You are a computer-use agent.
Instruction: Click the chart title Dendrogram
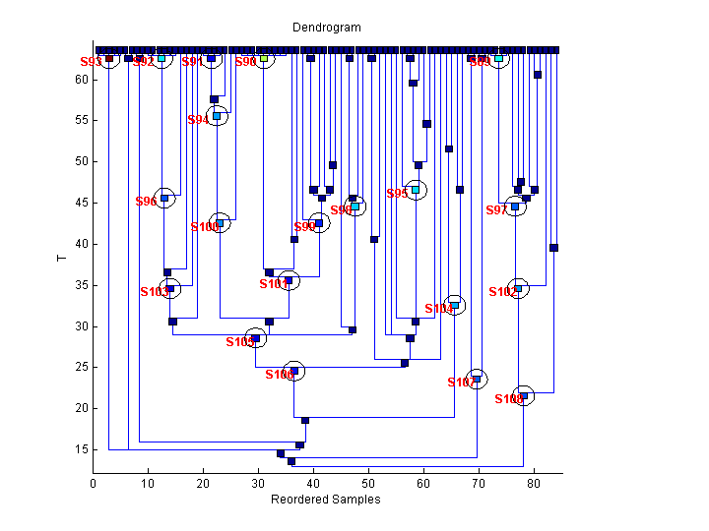pyautogui.click(x=326, y=28)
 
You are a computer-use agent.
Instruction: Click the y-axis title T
pyautogui.click(x=62, y=257)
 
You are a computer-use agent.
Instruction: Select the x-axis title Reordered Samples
pyautogui.click(x=325, y=500)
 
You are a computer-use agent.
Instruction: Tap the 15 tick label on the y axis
pyautogui.click(x=81, y=449)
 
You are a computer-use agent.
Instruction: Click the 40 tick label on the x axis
pyautogui.click(x=313, y=484)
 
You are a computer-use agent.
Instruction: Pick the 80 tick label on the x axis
pyautogui.click(x=534, y=484)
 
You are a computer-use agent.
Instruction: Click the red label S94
pyautogui.click(x=198, y=120)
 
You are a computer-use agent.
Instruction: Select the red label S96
pyautogui.click(x=146, y=202)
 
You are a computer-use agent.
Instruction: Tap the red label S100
pyautogui.click(x=204, y=227)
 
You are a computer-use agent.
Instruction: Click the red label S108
pyautogui.click(x=508, y=399)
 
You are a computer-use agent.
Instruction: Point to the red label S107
pyautogui.click(x=461, y=382)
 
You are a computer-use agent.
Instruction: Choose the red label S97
pyautogui.click(x=496, y=210)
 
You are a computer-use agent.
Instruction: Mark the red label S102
pyautogui.click(x=502, y=292)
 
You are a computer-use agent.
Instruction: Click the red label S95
pyautogui.click(x=397, y=194)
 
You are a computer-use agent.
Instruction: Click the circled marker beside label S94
pyautogui.click(x=217, y=116)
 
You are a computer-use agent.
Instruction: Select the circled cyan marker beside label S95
pyautogui.click(x=416, y=189)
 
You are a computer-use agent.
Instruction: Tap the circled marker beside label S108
pyautogui.click(x=524, y=396)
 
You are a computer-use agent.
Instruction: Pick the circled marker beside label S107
pyautogui.click(x=477, y=379)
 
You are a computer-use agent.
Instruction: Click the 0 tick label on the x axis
pyautogui.click(x=94, y=484)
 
